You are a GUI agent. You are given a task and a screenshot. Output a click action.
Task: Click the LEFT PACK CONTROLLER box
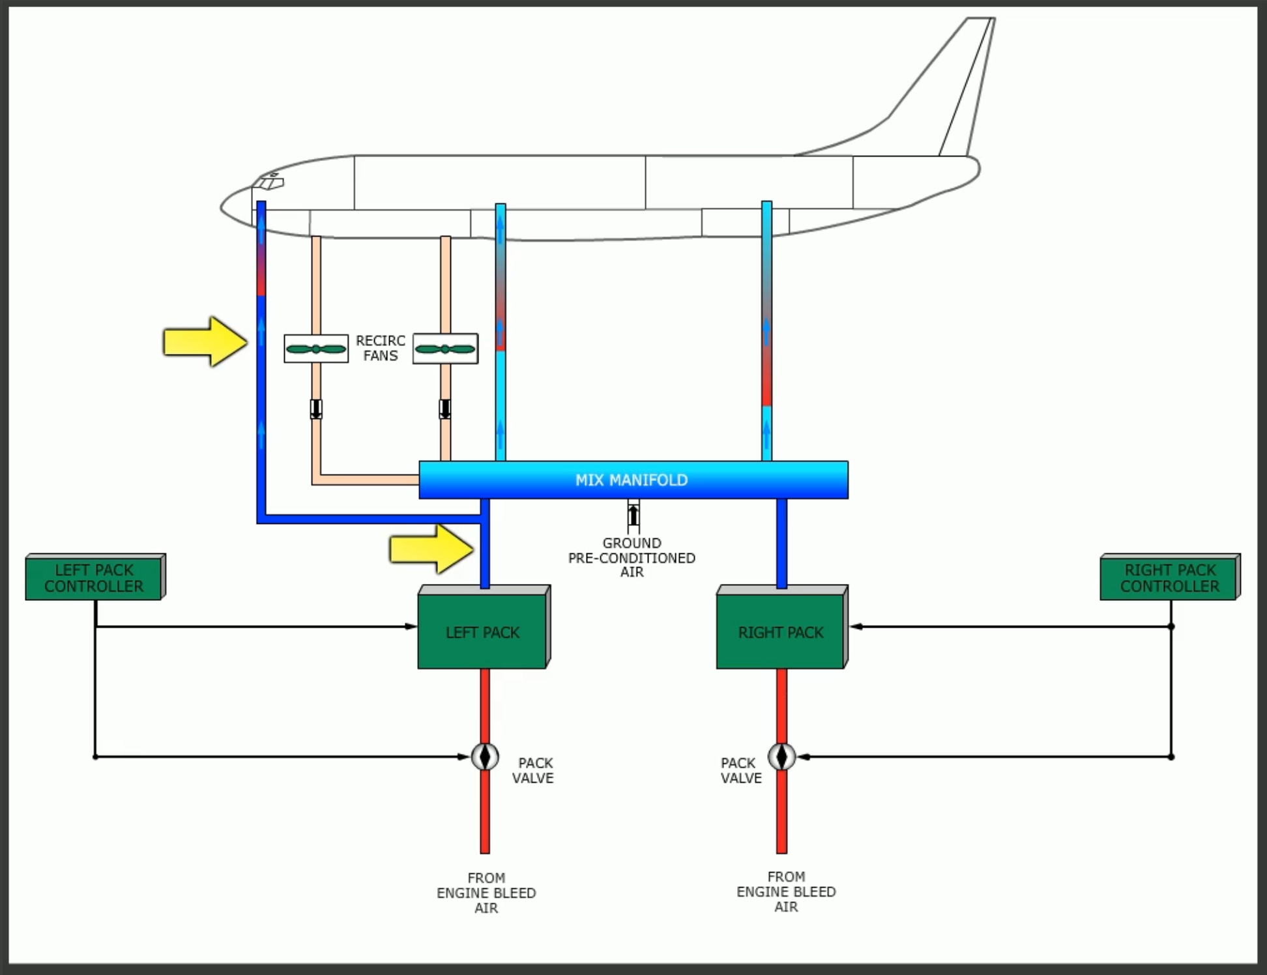coord(94,578)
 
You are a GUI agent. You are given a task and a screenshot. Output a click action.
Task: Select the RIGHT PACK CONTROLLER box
coord(1169,578)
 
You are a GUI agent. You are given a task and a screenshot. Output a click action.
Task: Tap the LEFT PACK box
coord(482,632)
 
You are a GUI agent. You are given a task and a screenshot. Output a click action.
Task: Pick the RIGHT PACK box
coord(780,632)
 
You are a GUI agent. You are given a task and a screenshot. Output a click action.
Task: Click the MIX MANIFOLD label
coord(632,480)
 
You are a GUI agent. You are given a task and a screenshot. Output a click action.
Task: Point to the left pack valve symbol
coord(485,757)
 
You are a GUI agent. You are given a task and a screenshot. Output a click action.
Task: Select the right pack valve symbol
coord(781,757)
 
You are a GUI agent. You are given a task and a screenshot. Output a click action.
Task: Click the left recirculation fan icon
coord(316,349)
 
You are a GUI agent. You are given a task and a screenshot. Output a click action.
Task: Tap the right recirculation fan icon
coord(445,349)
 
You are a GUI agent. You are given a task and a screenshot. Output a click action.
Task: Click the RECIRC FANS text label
coord(381,348)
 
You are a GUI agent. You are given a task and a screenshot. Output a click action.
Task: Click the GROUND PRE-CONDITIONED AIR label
coord(632,558)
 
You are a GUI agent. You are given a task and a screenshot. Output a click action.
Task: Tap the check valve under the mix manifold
coord(633,514)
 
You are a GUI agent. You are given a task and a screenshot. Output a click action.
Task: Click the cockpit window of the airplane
coord(269,183)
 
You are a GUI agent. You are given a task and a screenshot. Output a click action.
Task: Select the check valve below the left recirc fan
coord(316,409)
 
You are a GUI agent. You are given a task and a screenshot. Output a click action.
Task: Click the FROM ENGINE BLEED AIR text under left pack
coord(486,893)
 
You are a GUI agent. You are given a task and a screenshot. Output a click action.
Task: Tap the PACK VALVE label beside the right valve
coord(740,770)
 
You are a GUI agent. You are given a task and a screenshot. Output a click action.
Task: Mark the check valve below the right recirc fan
coord(445,409)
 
